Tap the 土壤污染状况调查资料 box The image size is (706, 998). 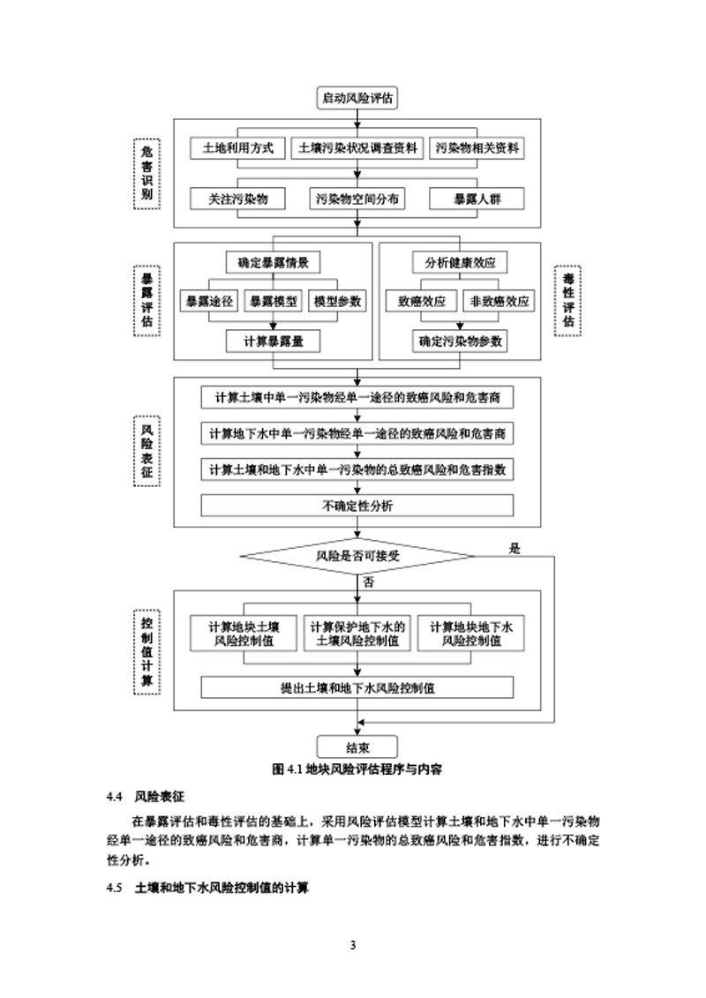click(x=357, y=148)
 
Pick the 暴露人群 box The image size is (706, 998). click(x=477, y=199)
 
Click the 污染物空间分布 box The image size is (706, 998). click(x=357, y=199)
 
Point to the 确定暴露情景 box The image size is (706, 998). click(x=273, y=262)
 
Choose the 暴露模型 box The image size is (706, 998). click(x=273, y=301)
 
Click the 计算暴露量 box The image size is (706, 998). click(x=273, y=340)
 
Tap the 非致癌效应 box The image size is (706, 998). click(x=499, y=301)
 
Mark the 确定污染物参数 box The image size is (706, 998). click(x=460, y=340)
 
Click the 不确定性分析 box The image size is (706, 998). click(x=357, y=506)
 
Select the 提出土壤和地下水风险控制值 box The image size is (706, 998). click(x=357, y=687)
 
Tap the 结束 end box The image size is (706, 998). click(x=357, y=745)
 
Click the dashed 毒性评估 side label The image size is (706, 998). click(x=567, y=300)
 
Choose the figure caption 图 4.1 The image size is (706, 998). click(x=357, y=769)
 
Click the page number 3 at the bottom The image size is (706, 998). click(x=353, y=947)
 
